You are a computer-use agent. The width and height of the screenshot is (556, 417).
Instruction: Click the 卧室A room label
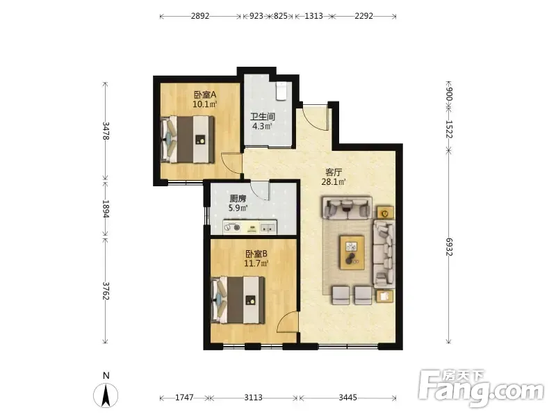coord(205,95)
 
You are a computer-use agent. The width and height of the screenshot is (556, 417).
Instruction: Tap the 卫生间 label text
coord(263,117)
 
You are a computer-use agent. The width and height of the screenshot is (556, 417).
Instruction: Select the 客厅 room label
coord(334,172)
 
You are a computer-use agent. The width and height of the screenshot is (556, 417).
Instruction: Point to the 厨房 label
coord(238,199)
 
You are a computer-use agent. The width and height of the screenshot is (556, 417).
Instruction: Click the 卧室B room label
coord(256,254)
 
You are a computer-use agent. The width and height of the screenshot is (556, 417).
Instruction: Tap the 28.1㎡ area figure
coord(334,182)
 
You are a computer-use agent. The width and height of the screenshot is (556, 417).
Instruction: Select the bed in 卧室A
coord(188,140)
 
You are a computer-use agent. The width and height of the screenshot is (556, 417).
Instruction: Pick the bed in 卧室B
coord(238,300)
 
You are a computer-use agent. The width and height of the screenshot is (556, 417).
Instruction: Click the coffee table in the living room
coord(352,252)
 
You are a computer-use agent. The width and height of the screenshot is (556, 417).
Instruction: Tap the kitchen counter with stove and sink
coord(250,227)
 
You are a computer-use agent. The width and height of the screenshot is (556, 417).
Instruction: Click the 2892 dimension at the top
coord(200,16)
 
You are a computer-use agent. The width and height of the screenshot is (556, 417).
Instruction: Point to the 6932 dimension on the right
coord(449,247)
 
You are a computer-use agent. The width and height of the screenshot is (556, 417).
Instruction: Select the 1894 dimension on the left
coord(106,208)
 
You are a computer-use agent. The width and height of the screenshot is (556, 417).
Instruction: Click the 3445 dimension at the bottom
coord(347,398)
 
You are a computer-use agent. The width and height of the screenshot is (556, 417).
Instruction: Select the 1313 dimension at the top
coord(314,16)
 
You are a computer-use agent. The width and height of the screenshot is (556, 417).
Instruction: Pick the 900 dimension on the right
coord(449,94)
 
